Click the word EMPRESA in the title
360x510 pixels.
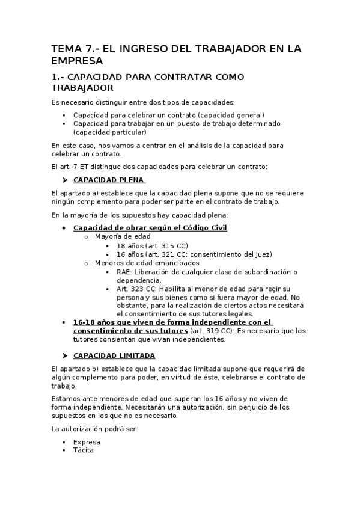coord(78,61)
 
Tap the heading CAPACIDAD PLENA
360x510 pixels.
coord(108,180)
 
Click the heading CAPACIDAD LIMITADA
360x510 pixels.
coord(114,355)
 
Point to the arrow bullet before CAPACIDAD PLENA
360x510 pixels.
coord(65,180)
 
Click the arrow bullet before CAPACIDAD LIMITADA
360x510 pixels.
coord(65,355)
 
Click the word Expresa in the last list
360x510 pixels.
coord(87,442)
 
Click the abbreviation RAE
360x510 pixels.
coord(124,272)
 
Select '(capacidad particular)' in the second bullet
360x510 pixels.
coord(109,132)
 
